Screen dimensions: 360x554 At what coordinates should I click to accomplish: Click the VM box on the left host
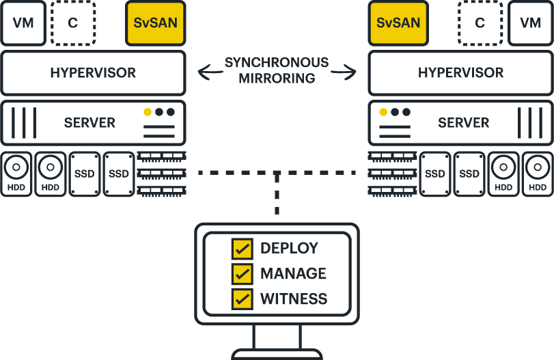pos(23,23)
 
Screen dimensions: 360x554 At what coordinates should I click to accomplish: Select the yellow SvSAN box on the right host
pos(398,23)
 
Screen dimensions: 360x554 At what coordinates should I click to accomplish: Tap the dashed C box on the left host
pos(72,23)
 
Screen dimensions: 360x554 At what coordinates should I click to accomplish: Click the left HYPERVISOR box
pos(93,72)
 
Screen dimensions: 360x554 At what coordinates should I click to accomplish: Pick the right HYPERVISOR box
pos(460,72)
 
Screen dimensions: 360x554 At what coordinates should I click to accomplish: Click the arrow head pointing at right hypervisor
pos(354,70)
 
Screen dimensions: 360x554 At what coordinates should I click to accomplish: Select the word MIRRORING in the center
pos(277,79)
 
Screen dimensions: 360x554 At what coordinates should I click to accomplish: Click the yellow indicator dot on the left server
pos(147,112)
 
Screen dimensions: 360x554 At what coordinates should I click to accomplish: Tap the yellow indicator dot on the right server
pos(383,112)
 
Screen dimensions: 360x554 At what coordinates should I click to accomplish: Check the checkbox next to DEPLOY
pos(242,249)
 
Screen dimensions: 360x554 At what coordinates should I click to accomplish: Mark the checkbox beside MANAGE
pos(242,273)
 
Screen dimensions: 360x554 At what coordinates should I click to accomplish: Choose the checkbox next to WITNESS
pos(242,299)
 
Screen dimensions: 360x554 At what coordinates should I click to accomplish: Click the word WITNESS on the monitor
pos(294,299)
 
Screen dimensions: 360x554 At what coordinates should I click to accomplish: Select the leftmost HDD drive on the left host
pos(16,174)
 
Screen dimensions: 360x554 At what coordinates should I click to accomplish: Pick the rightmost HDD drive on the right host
pos(538,174)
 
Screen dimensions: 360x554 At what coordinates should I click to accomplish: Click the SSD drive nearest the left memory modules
pos(119,174)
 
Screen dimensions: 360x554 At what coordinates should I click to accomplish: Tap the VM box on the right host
pos(530,23)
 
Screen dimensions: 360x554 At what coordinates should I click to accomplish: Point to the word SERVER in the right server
pos(463,123)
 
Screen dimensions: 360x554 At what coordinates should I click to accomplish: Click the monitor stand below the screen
pos(277,338)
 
